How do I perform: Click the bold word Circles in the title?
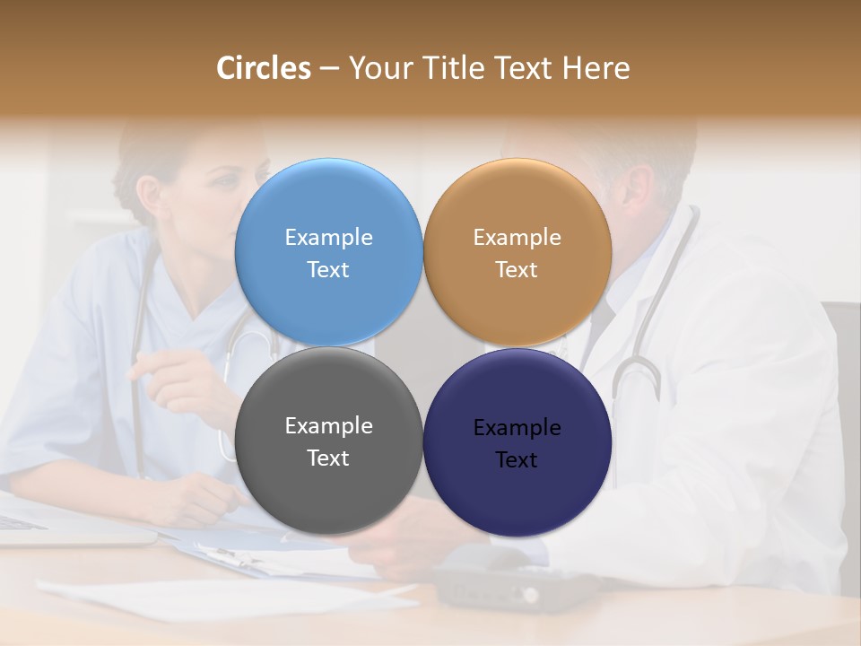pyautogui.click(x=264, y=68)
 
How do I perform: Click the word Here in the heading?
pyautogui.click(x=596, y=68)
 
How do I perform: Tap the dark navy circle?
pyautogui.click(x=517, y=493)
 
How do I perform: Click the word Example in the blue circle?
pyautogui.click(x=328, y=237)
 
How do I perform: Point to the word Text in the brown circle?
pyautogui.click(x=517, y=269)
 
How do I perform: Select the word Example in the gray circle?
pyautogui.click(x=328, y=425)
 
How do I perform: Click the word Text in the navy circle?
pyautogui.click(x=517, y=459)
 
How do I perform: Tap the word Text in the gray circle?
pyautogui.click(x=328, y=458)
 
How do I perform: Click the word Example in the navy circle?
pyautogui.click(x=517, y=427)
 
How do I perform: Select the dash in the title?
pyautogui.click(x=329, y=69)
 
